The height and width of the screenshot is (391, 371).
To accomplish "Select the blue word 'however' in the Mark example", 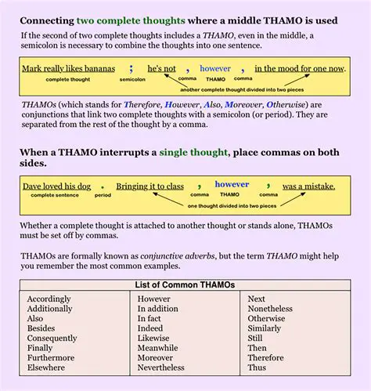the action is (x=215, y=68).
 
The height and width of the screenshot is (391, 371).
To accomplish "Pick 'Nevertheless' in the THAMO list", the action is (x=161, y=367).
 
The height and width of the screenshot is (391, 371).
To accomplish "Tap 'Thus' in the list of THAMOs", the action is (x=257, y=367).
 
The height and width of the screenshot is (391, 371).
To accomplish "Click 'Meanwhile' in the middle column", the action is (x=157, y=348).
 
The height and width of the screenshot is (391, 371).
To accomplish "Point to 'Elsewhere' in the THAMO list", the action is (x=47, y=367).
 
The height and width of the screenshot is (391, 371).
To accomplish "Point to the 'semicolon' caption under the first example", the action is (x=132, y=79).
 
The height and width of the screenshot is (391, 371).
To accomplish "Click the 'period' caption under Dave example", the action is (x=103, y=195).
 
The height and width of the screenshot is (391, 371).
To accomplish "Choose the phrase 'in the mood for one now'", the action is (x=299, y=68).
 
